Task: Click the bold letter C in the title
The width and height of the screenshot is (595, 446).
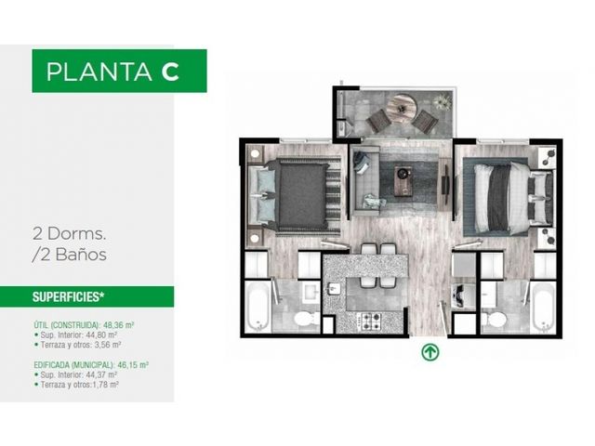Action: (x=170, y=72)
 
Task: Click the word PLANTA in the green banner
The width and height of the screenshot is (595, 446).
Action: (x=99, y=72)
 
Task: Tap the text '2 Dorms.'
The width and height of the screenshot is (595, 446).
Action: (x=69, y=233)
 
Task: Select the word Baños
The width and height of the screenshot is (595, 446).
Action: (x=81, y=254)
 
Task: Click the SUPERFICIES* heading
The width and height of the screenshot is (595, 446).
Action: (x=68, y=297)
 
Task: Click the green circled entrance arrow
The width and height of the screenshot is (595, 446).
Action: (x=430, y=352)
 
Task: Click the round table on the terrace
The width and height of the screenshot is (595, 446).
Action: (x=403, y=109)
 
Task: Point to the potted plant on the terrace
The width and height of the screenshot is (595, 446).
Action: (x=443, y=101)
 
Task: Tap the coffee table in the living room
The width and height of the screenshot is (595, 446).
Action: (x=403, y=180)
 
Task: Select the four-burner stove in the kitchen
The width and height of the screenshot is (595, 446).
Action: (x=368, y=321)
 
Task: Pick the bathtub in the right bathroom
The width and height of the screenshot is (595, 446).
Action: (x=543, y=306)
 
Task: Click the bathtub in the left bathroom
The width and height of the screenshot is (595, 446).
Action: (x=258, y=306)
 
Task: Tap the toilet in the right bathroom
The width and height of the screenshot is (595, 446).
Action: (x=495, y=320)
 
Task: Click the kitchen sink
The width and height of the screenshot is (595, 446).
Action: (x=334, y=288)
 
